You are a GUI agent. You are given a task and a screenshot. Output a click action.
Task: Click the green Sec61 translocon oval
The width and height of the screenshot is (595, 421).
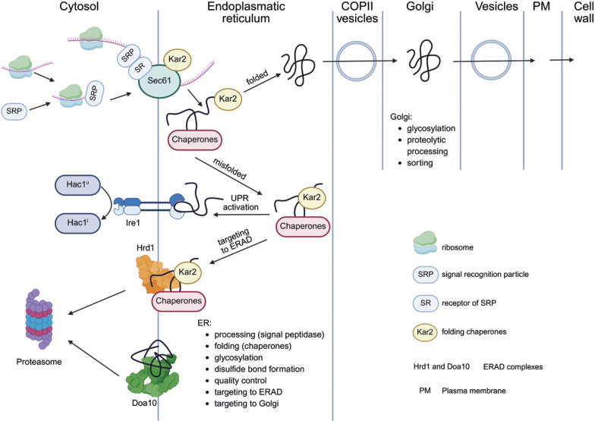159,81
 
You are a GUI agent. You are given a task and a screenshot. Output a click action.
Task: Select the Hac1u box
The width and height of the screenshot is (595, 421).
77,185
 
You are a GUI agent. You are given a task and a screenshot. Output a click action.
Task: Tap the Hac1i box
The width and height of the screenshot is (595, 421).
77,223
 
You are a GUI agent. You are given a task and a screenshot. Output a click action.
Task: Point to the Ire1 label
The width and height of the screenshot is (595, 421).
133,223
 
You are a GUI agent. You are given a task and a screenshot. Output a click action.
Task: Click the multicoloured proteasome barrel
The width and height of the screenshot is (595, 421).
39,319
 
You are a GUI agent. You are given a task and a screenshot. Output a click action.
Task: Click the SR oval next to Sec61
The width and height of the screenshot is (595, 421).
140,68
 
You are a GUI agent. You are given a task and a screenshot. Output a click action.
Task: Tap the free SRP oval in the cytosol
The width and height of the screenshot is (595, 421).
14,112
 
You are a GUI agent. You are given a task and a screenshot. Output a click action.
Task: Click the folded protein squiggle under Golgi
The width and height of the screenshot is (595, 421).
423,61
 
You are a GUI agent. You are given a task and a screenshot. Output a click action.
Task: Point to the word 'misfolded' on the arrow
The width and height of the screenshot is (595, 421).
230,168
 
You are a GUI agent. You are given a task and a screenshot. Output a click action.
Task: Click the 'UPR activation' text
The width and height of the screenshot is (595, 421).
241,203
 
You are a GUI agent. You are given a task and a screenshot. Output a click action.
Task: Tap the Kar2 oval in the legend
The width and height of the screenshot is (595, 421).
425,332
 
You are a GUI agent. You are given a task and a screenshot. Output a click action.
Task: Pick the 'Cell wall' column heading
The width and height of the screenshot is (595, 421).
583,12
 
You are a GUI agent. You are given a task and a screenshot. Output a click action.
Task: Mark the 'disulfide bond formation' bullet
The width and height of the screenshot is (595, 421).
260,369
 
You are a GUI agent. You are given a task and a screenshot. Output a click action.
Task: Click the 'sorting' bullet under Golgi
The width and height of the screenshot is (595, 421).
420,162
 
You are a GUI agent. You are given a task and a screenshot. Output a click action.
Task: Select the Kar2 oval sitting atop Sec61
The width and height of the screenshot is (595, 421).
178,59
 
